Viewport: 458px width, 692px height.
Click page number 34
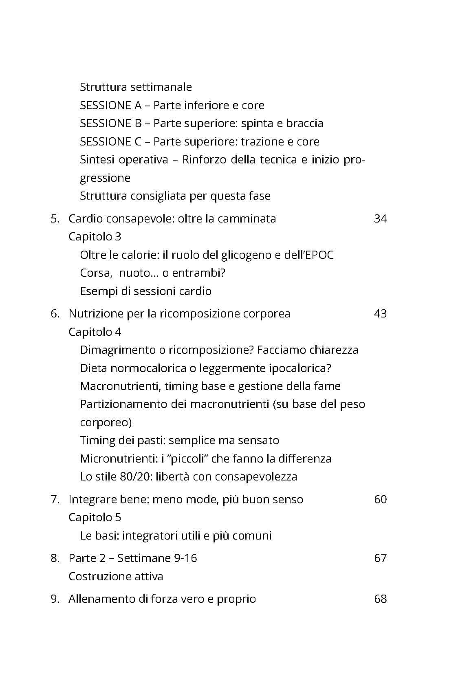point(380,219)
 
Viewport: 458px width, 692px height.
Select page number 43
point(380,314)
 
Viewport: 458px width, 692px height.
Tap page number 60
point(380,500)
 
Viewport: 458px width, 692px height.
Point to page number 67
point(380,558)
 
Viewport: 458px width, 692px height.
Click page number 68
point(380,599)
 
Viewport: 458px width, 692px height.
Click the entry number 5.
point(55,219)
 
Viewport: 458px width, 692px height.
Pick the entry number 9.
point(55,599)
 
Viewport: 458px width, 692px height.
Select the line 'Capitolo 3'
point(95,237)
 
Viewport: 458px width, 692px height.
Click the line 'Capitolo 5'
point(95,518)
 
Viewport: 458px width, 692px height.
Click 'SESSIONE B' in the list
point(111,123)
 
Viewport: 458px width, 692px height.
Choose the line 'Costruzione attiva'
point(116,577)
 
